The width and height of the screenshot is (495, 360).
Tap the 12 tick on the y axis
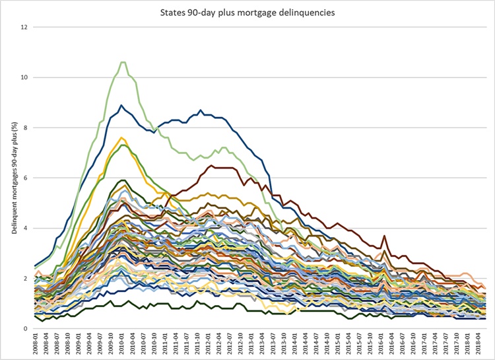pos(24,27)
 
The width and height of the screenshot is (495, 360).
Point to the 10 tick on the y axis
pos(24,77)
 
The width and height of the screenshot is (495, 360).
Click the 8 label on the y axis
pos(25,127)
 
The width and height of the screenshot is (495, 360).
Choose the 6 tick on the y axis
pos(25,178)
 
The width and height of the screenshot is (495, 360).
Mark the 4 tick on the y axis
pos(25,228)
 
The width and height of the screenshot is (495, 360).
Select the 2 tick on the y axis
pos(25,278)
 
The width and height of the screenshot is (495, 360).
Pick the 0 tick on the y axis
pos(25,328)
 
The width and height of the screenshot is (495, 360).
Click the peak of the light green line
pos(123,62)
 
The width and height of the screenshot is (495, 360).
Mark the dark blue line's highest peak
pos(121,105)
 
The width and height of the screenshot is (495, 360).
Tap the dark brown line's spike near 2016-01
pos(383,236)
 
